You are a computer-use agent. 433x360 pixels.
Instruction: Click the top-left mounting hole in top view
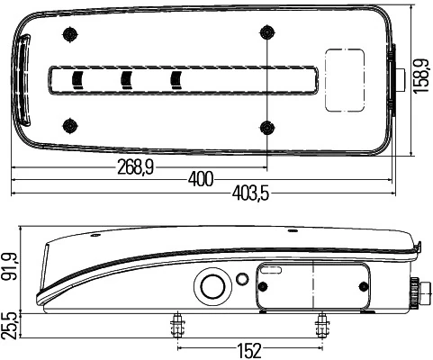click(68, 34)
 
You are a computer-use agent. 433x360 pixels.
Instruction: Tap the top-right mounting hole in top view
click(266, 33)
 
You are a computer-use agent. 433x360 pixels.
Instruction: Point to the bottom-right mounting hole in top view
click(266, 124)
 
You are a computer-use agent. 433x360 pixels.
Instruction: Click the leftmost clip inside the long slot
click(77, 79)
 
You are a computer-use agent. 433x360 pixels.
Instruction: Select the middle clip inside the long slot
click(126, 79)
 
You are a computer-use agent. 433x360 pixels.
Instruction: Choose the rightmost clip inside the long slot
click(176, 79)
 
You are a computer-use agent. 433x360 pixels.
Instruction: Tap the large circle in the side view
click(212, 287)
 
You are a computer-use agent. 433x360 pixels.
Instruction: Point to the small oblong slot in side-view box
click(271, 269)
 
